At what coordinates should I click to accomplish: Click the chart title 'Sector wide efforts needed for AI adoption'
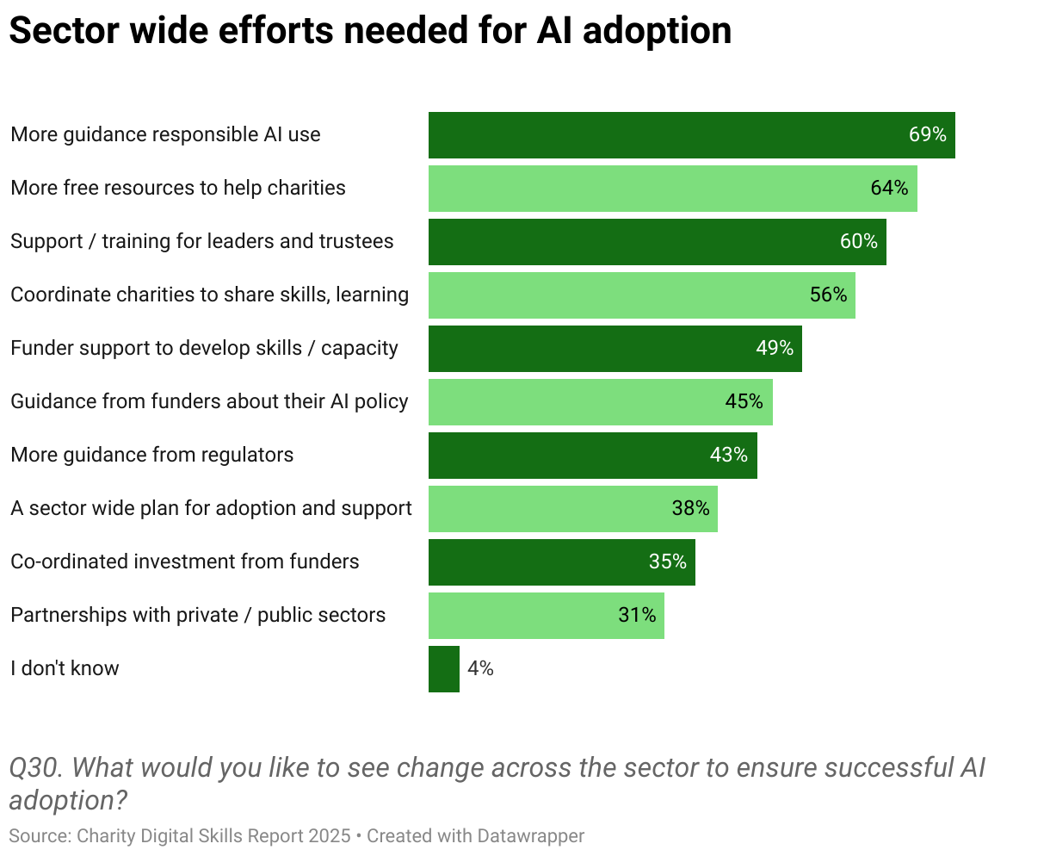point(370,31)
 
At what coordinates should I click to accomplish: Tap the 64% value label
point(889,188)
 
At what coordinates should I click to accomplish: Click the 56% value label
point(828,295)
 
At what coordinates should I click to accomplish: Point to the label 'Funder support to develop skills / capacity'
point(204,348)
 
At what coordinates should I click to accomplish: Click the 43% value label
point(728,455)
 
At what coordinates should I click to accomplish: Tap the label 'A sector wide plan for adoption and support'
point(211,508)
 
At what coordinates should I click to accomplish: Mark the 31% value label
point(637,615)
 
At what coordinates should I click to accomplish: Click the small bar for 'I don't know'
point(444,669)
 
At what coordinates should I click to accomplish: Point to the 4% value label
point(480,668)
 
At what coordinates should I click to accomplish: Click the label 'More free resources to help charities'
point(178,188)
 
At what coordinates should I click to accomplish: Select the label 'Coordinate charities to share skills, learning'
point(209,295)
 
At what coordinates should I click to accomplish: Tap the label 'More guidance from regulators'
point(151,455)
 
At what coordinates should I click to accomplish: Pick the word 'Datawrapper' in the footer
point(531,835)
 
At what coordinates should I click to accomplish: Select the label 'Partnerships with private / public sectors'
point(198,615)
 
